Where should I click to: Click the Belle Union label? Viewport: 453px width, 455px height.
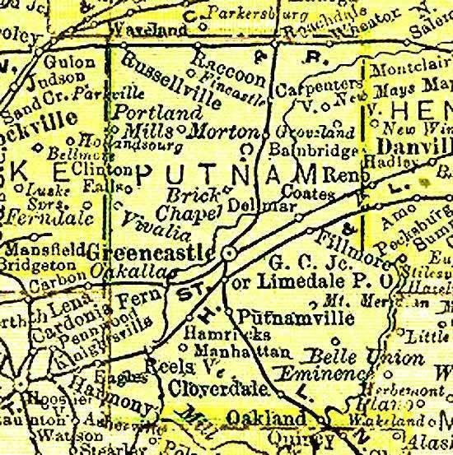click(337, 356)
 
